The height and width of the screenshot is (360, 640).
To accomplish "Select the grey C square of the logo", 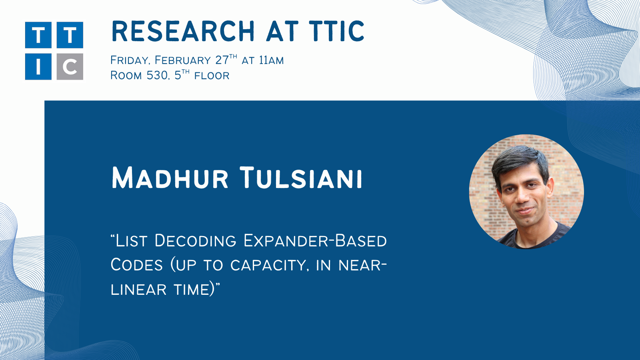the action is [x=70, y=66].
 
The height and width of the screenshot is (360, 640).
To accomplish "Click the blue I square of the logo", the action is [x=38, y=66].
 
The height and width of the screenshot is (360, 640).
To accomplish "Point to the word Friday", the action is [x=131, y=60].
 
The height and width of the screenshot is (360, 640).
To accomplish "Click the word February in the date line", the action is [x=182, y=60].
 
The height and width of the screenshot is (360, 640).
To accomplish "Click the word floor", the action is [x=212, y=76].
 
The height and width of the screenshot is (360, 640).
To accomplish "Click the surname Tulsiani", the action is [x=301, y=178].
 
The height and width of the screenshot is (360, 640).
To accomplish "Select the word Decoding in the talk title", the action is [x=196, y=240].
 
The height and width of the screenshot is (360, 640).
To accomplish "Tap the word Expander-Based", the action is [x=315, y=240].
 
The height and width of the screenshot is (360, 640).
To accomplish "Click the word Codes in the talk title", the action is [x=136, y=265].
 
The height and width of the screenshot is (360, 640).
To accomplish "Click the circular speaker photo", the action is [x=526, y=192].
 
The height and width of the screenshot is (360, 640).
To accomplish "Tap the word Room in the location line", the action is [x=126, y=76].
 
